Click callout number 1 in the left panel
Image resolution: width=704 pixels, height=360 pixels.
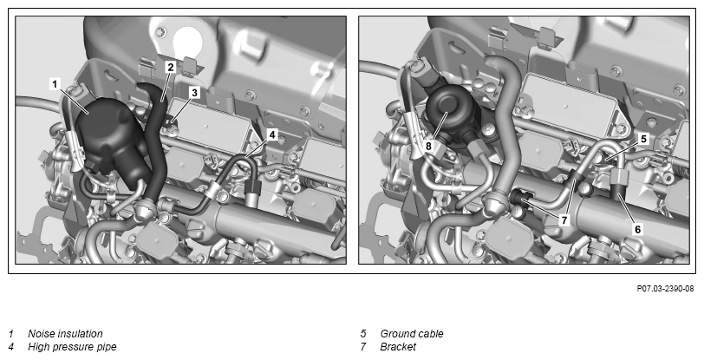55,84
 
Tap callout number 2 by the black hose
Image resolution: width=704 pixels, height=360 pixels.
170,68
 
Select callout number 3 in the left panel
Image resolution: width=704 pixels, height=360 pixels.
194,93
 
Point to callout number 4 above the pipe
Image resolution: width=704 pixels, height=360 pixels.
271,134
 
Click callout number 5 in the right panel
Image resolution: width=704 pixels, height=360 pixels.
644,140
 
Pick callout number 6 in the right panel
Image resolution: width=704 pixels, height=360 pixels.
637,229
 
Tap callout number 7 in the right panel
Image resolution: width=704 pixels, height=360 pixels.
564,220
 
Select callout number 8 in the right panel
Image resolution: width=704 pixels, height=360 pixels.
428,146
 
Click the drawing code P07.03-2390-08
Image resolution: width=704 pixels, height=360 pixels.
665,289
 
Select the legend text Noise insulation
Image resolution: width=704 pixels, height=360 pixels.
65,334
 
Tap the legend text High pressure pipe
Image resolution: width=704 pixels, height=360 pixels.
72,347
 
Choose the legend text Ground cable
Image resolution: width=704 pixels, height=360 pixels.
412,334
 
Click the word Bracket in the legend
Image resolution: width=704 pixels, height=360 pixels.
398,347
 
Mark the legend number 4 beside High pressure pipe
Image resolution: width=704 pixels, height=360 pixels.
11,347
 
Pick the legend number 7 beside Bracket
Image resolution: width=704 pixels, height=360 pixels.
363,347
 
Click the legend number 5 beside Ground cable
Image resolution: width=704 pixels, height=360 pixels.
363,334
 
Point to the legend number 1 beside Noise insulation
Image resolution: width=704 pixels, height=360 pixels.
11,334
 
